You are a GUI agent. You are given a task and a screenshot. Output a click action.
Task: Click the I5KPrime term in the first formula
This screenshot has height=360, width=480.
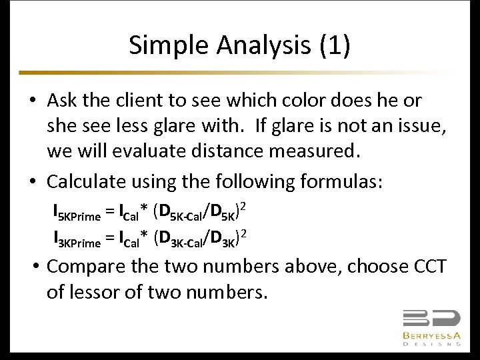(x=76, y=213)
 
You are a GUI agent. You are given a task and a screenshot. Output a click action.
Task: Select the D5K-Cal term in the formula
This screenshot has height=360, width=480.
(x=179, y=213)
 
